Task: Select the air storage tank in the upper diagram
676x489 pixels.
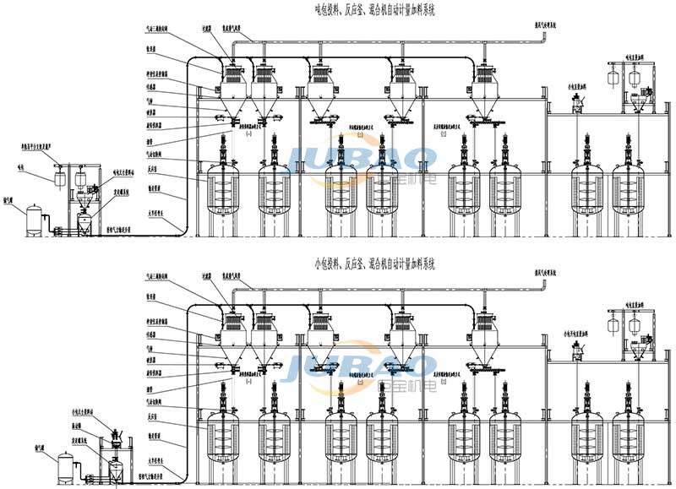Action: click(x=35, y=218)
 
